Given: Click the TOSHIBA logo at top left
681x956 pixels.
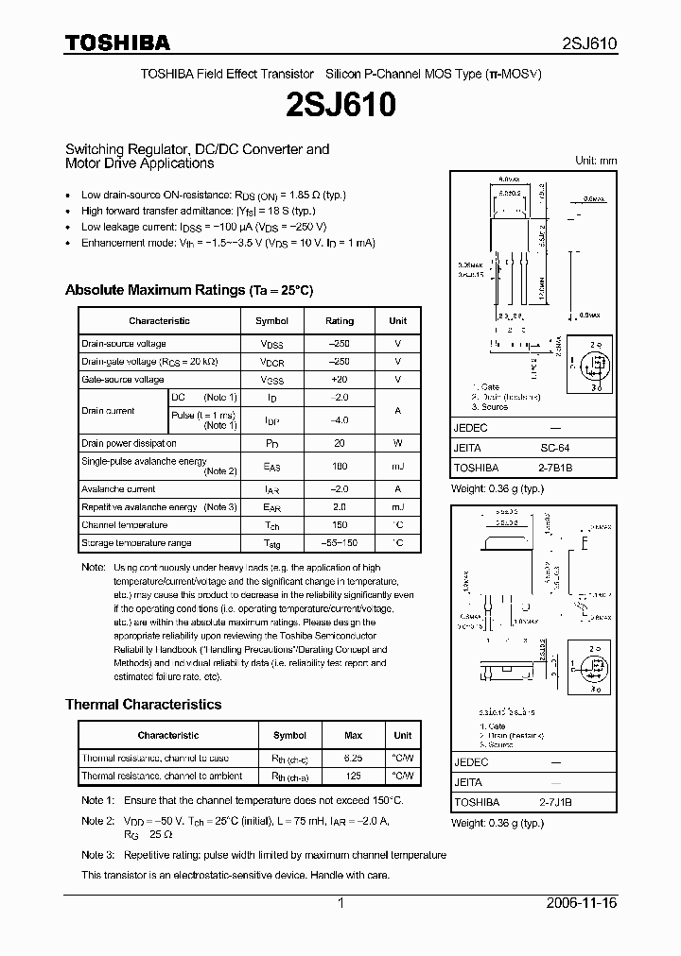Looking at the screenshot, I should [x=117, y=43].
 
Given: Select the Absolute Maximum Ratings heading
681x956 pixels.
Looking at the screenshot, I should [x=188, y=290].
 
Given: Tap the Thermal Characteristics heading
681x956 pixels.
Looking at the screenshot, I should [x=143, y=705].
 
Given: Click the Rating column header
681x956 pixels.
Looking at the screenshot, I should [x=340, y=321].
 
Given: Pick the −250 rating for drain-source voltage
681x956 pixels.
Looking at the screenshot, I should [x=340, y=344].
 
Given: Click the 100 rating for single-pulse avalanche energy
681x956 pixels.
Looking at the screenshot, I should [x=340, y=466].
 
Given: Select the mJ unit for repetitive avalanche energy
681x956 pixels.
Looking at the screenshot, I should [x=397, y=507].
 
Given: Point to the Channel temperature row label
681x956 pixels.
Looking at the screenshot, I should [x=124, y=525].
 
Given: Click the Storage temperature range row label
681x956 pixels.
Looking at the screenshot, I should [x=136, y=543].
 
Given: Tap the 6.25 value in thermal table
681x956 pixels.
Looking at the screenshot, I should [x=354, y=759].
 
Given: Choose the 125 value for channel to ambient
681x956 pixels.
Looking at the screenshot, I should [x=354, y=777].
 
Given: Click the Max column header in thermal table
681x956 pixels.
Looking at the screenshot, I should [x=354, y=735].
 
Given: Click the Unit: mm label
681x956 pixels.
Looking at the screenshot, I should [x=596, y=161].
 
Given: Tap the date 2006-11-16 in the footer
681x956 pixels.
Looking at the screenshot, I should [x=581, y=903].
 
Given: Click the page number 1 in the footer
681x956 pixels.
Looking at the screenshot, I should [x=340, y=903].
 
